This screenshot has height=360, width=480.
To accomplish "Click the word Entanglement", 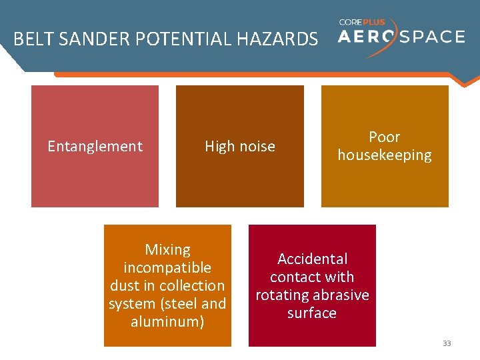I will (95, 147).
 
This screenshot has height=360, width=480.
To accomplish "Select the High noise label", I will (239, 147).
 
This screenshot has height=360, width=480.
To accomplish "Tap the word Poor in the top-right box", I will (385, 137).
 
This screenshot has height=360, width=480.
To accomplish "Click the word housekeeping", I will (385, 155).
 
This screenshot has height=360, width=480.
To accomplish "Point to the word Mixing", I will (167, 250).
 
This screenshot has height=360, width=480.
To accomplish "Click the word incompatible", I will (167, 268).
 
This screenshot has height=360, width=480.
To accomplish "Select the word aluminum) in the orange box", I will (167, 322).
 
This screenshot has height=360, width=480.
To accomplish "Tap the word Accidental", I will (312, 259).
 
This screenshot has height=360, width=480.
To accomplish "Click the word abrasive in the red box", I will (340, 295).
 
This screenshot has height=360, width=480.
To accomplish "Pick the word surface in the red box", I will (312, 313).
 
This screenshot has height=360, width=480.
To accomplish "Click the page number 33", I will (447, 343).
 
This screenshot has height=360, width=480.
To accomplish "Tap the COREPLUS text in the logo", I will (361, 22).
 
